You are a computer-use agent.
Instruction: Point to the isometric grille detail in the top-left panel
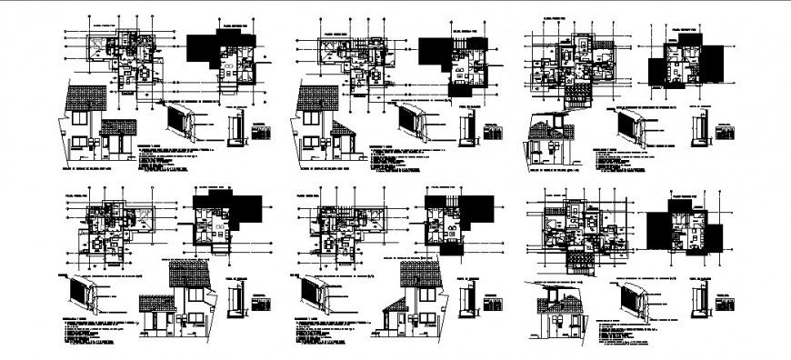tap(183, 122)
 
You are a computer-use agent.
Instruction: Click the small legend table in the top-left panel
tap(261, 133)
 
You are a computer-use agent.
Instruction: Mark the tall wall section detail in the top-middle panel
tap(471, 128)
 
